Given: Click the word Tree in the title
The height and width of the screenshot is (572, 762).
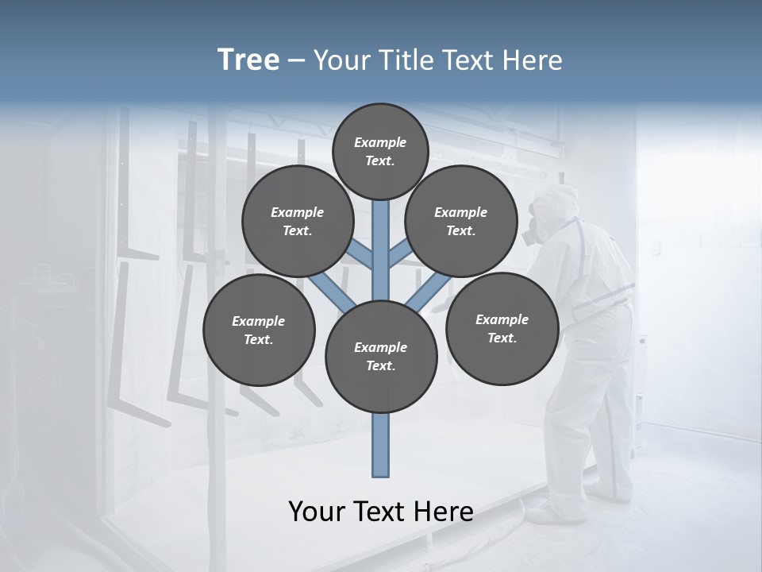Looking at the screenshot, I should click(248, 60).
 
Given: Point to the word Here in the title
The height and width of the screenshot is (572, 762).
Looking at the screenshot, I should click(535, 60).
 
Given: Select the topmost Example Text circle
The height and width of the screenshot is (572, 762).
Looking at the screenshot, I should click(380, 151).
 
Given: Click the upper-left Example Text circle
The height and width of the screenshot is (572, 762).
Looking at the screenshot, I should click(298, 222).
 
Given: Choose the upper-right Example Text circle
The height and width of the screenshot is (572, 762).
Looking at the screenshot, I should click(461, 222).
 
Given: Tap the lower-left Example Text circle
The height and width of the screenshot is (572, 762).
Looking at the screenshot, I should click(259, 330).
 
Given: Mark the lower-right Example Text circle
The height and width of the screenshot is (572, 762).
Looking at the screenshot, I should click(502, 328).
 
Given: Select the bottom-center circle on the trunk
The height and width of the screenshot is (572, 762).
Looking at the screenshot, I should click(381, 357).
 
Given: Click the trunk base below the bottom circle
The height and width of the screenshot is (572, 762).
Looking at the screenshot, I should click(381, 445).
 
